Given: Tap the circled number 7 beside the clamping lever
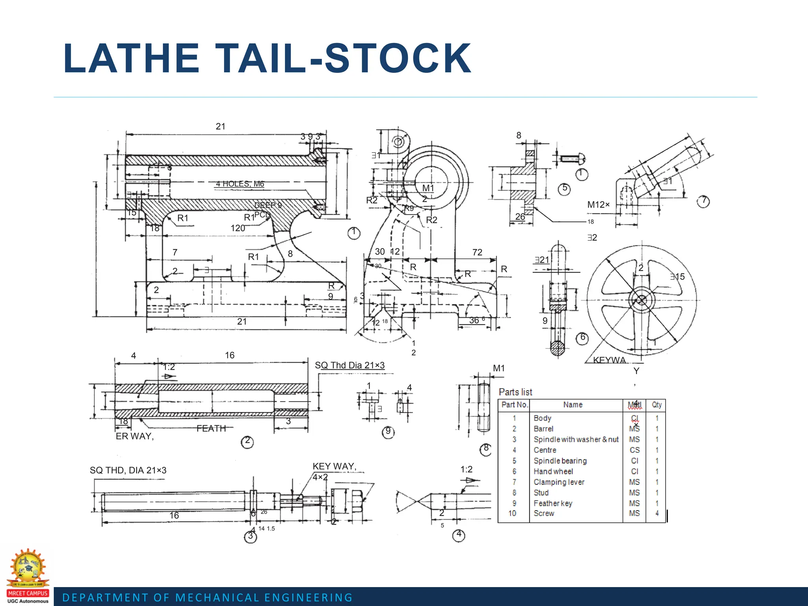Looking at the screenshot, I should [x=703, y=201].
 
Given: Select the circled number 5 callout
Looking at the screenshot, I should [x=565, y=189].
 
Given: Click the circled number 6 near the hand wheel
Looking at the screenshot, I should [x=582, y=338].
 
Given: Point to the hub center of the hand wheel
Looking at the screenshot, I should [x=642, y=300].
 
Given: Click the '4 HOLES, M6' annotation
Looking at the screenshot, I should [x=240, y=184].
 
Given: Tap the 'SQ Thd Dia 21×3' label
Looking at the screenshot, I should [x=350, y=365].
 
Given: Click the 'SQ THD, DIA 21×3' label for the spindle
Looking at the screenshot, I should [x=128, y=470].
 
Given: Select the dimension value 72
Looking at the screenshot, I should [x=477, y=252].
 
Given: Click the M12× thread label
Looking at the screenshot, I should [x=598, y=205].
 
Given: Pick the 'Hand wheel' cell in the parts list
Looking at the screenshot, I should [x=553, y=471].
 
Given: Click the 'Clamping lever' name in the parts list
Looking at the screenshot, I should [x=559, y=482].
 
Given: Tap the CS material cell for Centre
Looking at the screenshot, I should [x=634, y=450].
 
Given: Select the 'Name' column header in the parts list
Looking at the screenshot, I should [x=573, y=405].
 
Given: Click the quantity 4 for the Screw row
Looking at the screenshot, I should [x=657, y=513].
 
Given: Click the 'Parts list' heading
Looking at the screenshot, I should [x=515, y=392].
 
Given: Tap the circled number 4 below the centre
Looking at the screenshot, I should [x=459, y=535].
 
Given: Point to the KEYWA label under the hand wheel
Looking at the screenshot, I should [x=610, y=360].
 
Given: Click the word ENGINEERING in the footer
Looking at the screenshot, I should [x=308, y=598].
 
